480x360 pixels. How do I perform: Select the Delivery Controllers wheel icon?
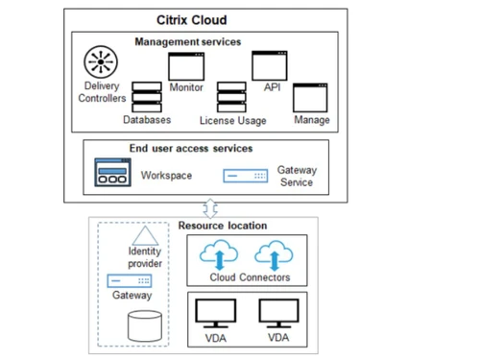click(101, 62)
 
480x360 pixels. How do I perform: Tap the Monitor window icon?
click(186, 66)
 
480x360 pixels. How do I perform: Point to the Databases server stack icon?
click(146, 96)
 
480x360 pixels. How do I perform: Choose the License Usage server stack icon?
click(231, 97)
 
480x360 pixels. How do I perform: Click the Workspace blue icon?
click(112, 174)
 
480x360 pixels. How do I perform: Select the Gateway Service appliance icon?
click(246, 176)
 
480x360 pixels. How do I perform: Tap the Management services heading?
click(187, 42)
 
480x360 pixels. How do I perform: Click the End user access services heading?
click(191, 149)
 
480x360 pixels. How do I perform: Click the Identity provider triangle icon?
click(143, 234)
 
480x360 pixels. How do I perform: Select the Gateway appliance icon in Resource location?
click(130, 280)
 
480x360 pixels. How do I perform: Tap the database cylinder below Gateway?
click(144, 324)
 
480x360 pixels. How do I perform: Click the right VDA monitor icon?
click(278, 314)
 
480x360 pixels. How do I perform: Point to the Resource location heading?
click(223, 226)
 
